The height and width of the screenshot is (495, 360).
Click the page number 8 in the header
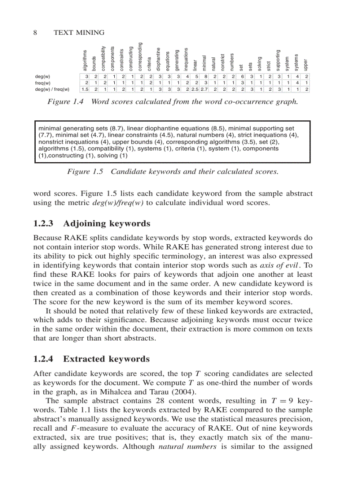coord(35,33)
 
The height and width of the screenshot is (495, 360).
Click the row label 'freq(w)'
coord(43,82)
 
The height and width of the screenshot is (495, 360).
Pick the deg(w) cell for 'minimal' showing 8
coord(205,76)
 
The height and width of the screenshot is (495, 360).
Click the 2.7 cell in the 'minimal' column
coord(204,89)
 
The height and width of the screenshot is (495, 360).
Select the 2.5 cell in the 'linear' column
coord(195,89)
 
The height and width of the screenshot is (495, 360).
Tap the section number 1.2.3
coord(45,223)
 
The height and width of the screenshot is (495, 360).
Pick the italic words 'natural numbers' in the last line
coord(184,447)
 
